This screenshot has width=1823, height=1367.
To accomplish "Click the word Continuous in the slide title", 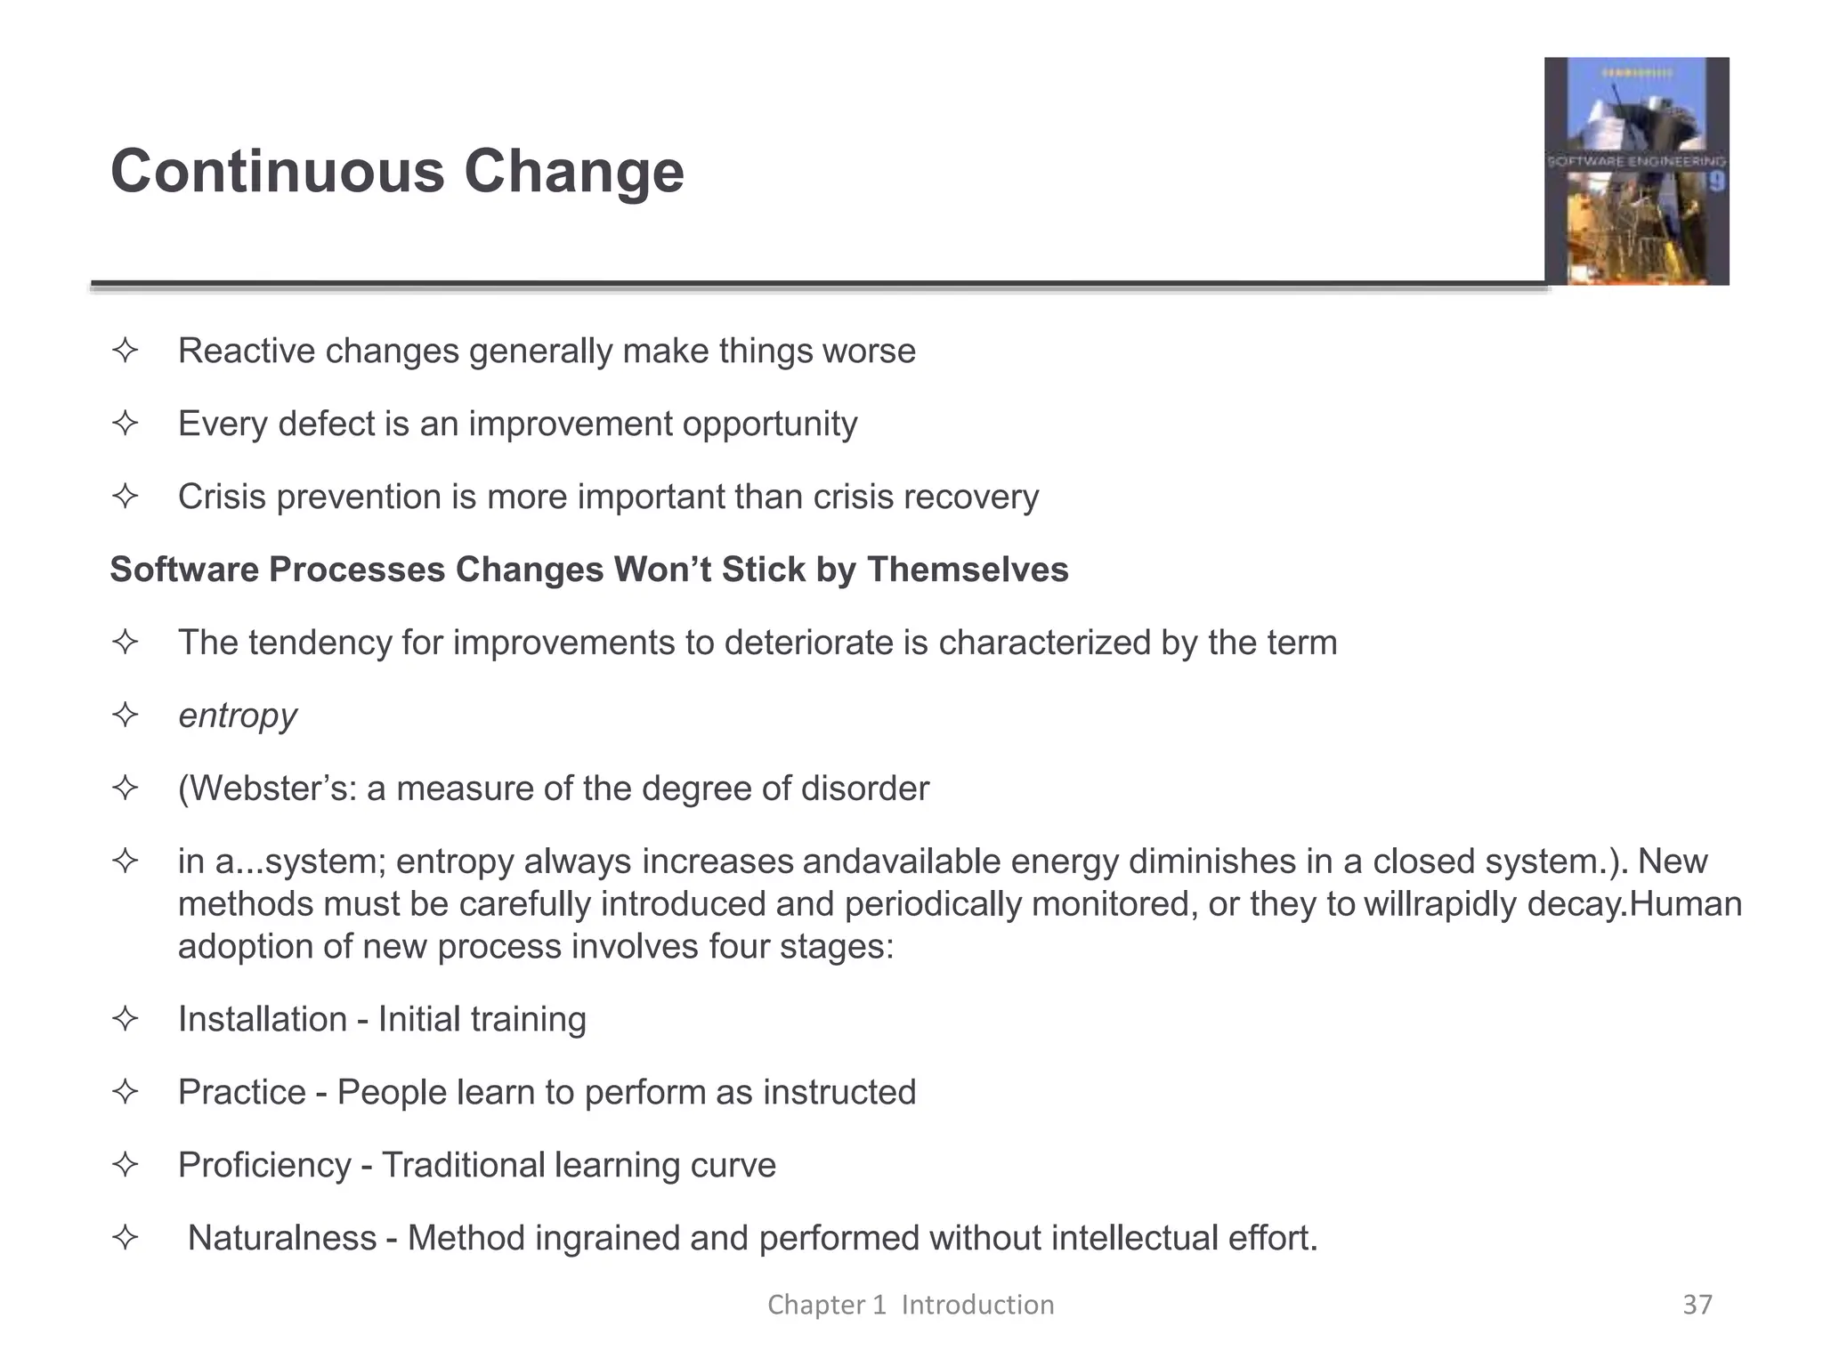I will tap(277, 171).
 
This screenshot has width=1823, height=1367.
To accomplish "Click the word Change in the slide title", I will tap(573, 171).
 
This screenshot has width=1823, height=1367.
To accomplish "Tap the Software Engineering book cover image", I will tap(1636, 171).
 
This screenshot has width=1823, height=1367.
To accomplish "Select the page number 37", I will tap(1697, 1305).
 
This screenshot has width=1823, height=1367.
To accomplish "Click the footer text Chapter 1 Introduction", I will tap(911, 1305).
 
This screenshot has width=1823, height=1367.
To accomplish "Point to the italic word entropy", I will tap(237, 716).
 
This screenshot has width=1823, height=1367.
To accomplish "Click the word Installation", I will tap(262, 1019).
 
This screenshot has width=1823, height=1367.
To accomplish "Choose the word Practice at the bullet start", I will tap(241, 1092).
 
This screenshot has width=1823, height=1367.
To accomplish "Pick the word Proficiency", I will tap(264, 1165).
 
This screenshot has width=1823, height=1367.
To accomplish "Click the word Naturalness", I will tap(282, 1238).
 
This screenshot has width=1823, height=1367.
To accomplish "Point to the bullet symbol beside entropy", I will tap(126, 715).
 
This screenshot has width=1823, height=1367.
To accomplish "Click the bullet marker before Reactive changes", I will tap(126, 350).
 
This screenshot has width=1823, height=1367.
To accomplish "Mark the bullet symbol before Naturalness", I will tap(126, 1237).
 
